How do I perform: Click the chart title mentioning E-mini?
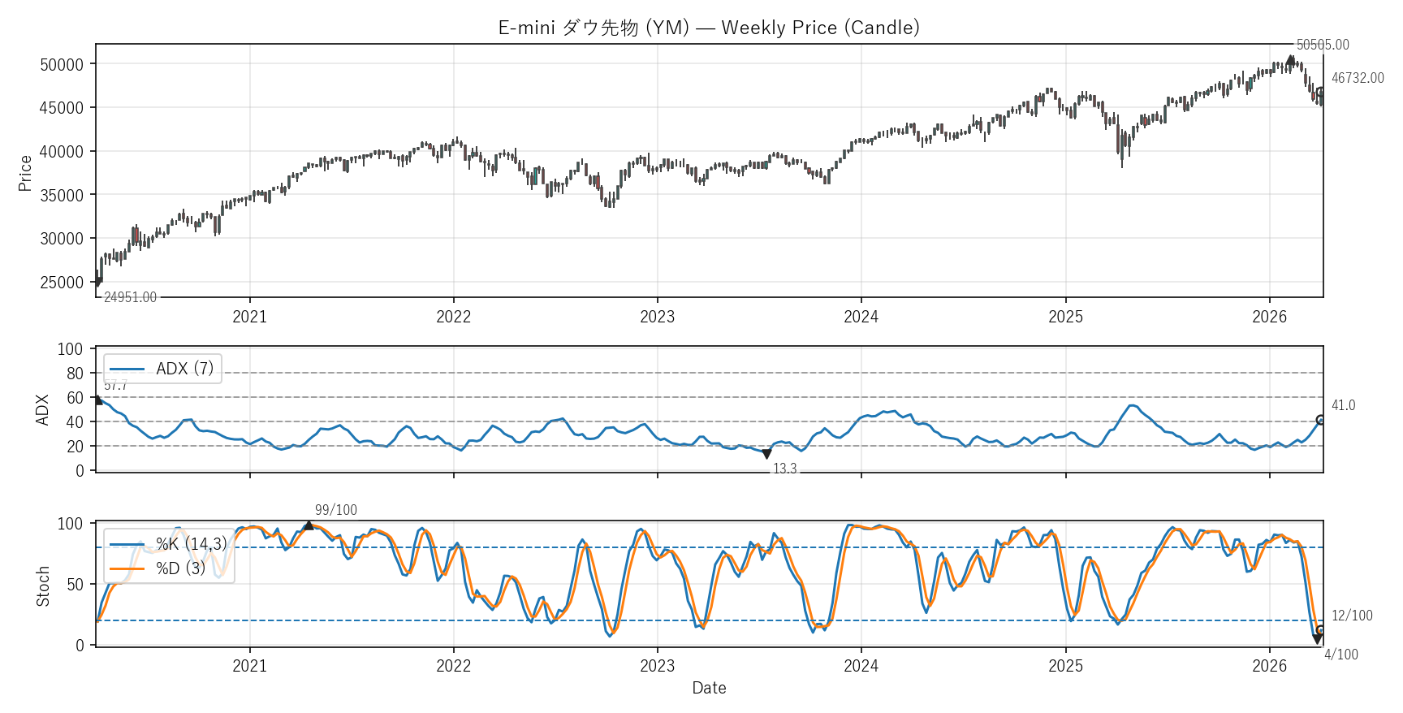pos(708,28)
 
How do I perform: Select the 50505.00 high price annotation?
pos(1323,45)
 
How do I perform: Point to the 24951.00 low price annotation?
pos(130,297)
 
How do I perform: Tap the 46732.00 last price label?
pos(1358,78)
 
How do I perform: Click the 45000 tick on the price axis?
pos(62,108)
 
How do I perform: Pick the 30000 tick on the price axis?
pos(62,239)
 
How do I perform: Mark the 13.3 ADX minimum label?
pos(784,469)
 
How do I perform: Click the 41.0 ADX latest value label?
pos(1343,405)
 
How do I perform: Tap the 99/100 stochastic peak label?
pos(336,510)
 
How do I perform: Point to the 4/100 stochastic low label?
pos(1340,655)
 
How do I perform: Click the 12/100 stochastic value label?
pos(1352,616)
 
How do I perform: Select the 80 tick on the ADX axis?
pos(75,374)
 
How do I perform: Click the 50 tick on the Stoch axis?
pos(75,585)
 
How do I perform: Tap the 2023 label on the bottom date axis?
pos(657,666)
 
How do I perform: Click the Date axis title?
pos(709,688)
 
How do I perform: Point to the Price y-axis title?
pos(25,173)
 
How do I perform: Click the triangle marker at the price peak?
pos(1291,60)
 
